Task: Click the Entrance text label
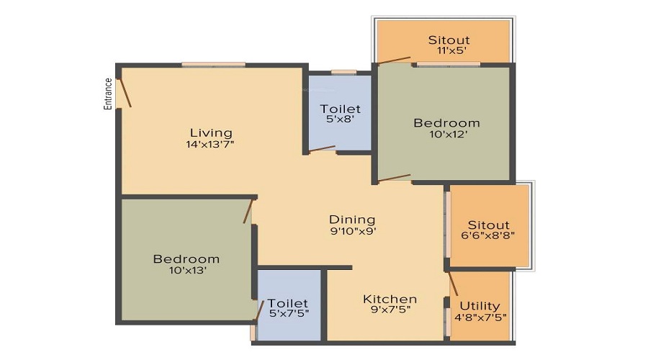pyautogui.click(x=108, y=94)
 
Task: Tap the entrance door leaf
pyautogui.click(x=125, y=92)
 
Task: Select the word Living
pyautogui.click(x=211, y=133)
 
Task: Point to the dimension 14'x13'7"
pyautogui.click(x=210, y=144)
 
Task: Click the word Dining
pyautogui.click(x=352, y=220)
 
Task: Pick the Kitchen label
pyautogui.click(x=390, y=299)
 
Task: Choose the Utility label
pyautogui.click(x=480, y=306)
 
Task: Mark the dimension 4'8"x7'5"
pyautogui.click(x=481, y=318)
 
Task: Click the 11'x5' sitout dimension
pyautogui.click(x=449, y=51)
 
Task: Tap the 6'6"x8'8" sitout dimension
pyautogui.click(x=488, y=235)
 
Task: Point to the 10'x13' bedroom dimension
pyautogui.click(x=188, y=270)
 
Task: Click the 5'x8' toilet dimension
pyautogui.click(x=340, y=119)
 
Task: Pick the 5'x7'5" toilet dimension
pyautogui.click(x=289, y=313)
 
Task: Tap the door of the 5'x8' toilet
pyautogui.click(x=322, y=149)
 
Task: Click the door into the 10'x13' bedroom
pyautogui.click(x=248, y=211)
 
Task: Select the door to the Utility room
pyautogui.click(x=453, y=284)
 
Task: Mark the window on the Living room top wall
pyautogui.click(x=213, y=65)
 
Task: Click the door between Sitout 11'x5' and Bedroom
pyautogui.click(x=395, y=60)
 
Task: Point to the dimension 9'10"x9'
pyautogui.click(x=353, y=231)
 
